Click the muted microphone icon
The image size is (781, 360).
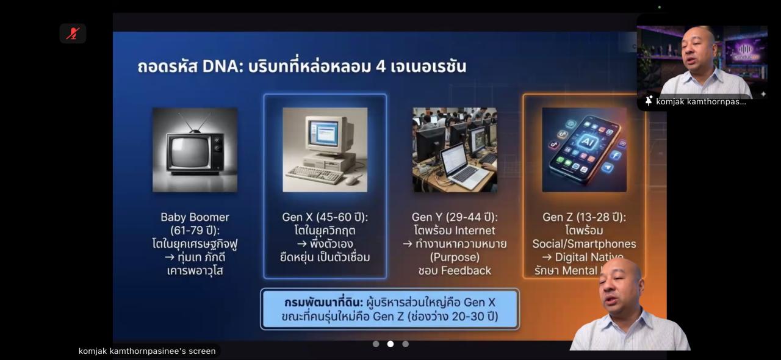(x=73, y=34)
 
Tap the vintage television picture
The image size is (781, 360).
(x=195, y=150)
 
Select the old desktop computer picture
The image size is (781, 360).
(x=325, y=150)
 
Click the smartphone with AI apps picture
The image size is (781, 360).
(x=584, y=150)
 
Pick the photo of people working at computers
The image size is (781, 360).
(x=455, y=150)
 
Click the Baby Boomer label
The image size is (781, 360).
(x=195, y=217)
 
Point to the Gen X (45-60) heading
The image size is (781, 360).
(x=325, y=217)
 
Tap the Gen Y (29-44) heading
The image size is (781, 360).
(x=455, y=217)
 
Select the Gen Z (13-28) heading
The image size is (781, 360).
(x=584, y=217)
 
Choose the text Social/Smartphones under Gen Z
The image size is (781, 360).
(x=584, y=244)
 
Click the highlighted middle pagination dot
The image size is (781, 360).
(x=390, y=344)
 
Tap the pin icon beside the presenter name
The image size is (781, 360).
(x=648, y=101)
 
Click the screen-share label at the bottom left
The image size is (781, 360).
(x=147, y=351)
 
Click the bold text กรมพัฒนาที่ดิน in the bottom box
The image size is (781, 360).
(x=323, y=303)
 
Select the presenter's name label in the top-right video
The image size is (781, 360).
(x=700, y=101)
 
